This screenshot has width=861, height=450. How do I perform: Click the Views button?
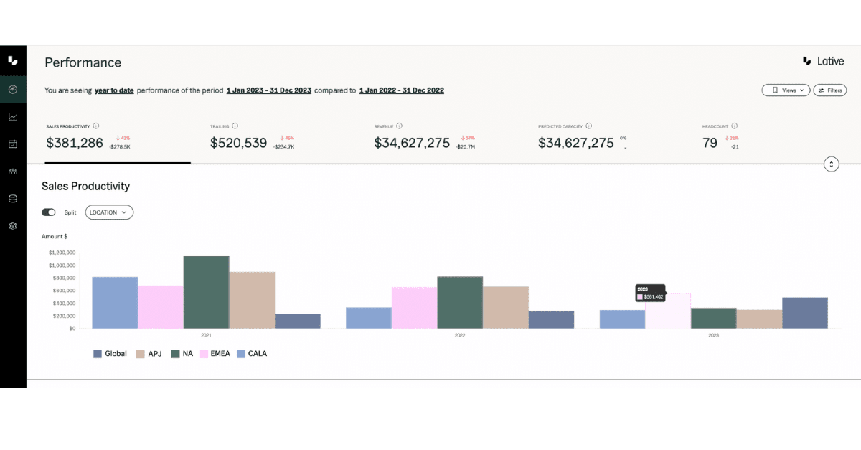[x=786, y=90]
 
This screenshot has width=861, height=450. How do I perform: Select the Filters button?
[x=830, y=90]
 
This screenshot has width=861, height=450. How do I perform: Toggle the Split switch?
[x=49, y=212]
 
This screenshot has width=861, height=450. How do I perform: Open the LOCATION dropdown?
[x=109, y=212]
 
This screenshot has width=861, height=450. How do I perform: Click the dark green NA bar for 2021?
[x=206, y=292]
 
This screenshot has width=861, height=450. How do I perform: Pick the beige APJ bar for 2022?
[x=505, y=307]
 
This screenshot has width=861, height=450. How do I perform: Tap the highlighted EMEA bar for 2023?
[x=668, y=311]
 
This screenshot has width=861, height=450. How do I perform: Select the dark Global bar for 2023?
[x=804, y=313]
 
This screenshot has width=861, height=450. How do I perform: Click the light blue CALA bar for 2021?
[x=115, y=303]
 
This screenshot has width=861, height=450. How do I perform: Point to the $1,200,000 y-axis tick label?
[x=62, y=253]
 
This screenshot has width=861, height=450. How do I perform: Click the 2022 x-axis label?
[x=460, y=335]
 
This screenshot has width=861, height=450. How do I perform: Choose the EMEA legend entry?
[x=215, y=354]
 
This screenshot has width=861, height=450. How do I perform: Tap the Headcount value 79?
[x=710, y=143]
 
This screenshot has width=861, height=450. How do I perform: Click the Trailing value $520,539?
[x=238, y=143]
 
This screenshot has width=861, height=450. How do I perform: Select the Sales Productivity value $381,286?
[x=75, y=143]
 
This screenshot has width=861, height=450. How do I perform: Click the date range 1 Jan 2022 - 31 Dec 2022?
[x=401, y=90]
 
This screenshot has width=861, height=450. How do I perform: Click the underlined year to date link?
[x=114, y=90]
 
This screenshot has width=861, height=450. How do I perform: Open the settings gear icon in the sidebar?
[x=13, y=226]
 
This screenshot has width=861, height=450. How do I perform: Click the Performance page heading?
[x=83, y=62]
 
